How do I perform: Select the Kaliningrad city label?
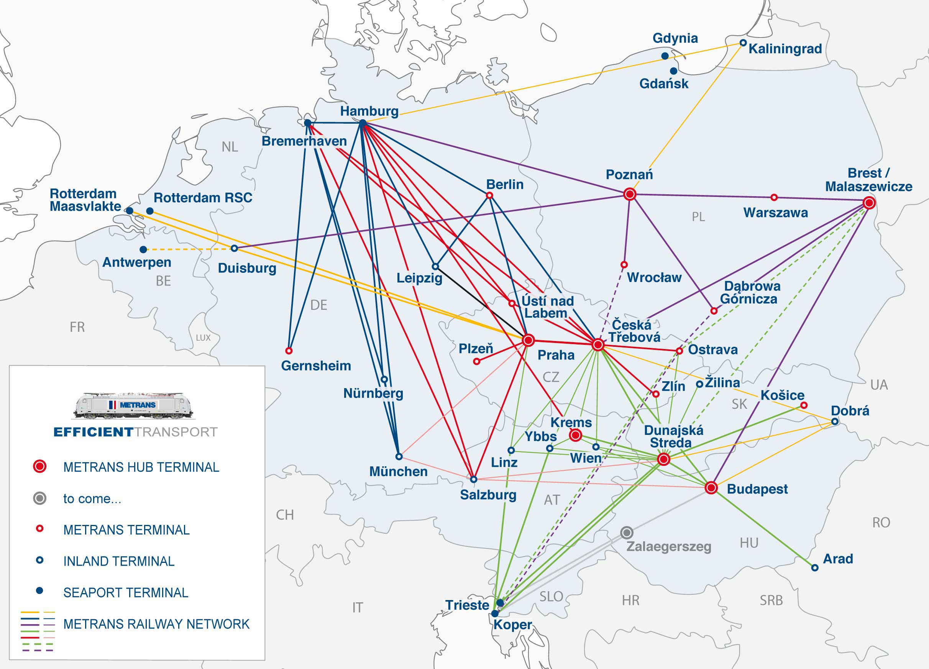(785, 49)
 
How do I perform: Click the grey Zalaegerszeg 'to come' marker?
(627, 533)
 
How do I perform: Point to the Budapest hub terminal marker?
(711, 488)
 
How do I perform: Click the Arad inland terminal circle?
(815, 568)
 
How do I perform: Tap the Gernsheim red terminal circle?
(289, 351)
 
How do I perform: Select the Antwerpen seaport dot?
(143, 249)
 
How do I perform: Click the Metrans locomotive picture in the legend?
(133, 406)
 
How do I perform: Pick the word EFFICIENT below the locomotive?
(94, 432)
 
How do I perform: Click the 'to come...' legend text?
(92, 498)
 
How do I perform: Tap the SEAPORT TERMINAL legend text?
(126, 592)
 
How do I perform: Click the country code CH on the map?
(285, 515)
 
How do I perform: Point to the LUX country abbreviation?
(203, 338)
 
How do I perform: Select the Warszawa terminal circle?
(774, 197)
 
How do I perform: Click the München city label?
(398, 472)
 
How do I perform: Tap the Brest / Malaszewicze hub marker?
(869, 203)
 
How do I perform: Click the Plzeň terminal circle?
(476, 362)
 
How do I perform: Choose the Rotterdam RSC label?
(203, 198)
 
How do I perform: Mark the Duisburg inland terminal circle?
(234, 249)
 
